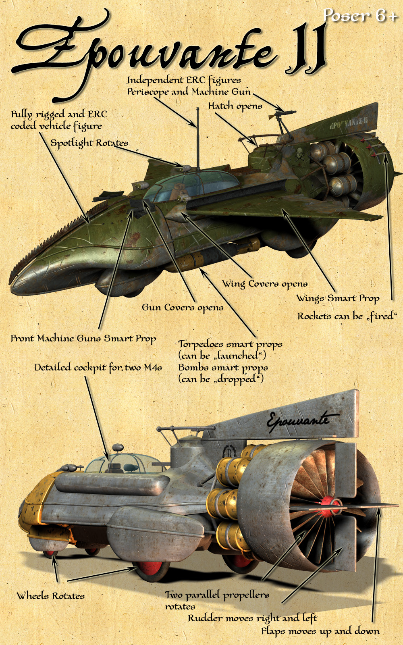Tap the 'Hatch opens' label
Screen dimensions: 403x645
coord(235,106)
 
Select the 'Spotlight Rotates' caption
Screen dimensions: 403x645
coord(89,143)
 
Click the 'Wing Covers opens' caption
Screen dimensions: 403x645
coord(264,284)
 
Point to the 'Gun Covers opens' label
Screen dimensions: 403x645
coord(183,308)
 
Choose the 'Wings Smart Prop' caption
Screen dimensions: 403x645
coord(338,298)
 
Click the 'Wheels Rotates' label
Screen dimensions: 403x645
coord(51,595)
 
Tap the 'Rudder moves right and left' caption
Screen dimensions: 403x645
coord(253,618)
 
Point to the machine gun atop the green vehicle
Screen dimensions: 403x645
coord(282,115)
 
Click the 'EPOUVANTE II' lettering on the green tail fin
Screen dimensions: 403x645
coord(349,123)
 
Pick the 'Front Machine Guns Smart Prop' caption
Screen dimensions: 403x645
coord(83,339)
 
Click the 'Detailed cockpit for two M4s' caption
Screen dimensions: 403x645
coord(98,368)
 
